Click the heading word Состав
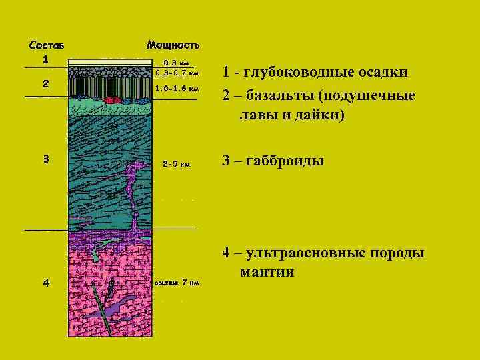point(46,45)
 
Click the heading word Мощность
point(173,45)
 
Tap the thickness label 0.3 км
point(176,63)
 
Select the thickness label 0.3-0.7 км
point(176,73)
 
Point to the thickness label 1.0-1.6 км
point(176,87)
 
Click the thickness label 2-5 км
point(176,163)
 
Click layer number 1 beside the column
point(45,59)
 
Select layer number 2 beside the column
point(45,84)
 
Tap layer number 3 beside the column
point(45,159)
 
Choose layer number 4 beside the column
point(45,283)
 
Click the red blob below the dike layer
point(114,100)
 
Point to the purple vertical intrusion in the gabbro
point(133,187)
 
